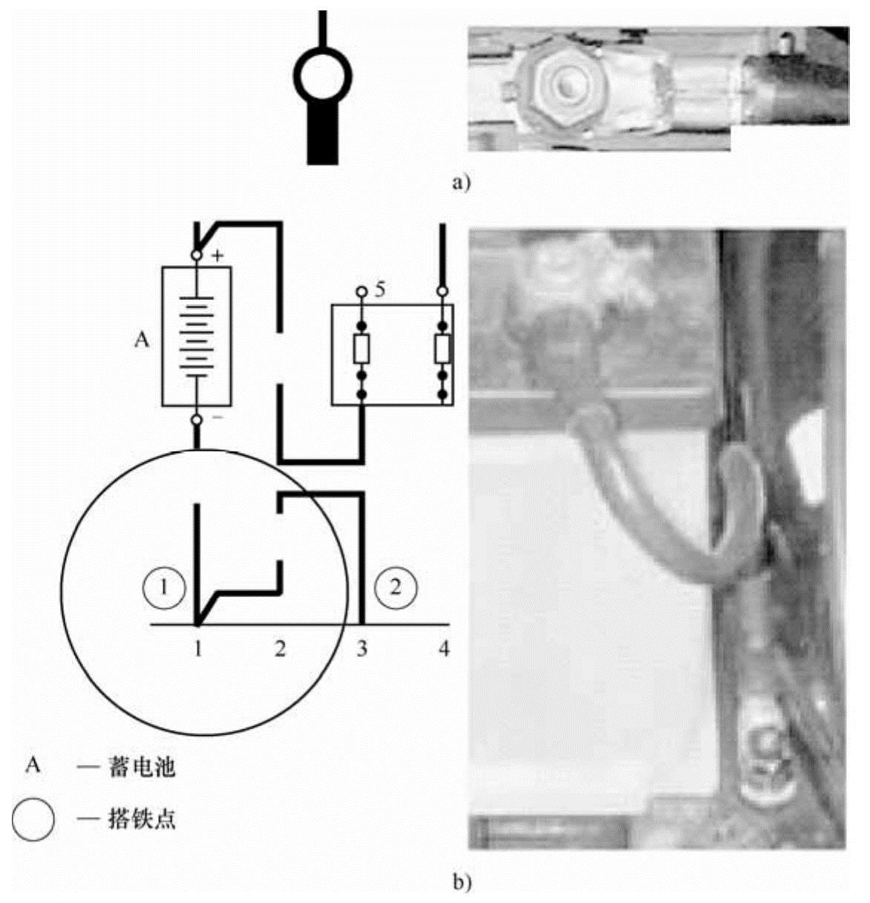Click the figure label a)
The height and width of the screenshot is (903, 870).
(461, 183)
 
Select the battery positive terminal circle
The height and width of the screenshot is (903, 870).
(197, 255)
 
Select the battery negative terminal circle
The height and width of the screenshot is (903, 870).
(197, 420)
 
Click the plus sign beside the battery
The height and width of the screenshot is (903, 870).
(218, 255)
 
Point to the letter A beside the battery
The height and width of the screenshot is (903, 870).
(142, 340)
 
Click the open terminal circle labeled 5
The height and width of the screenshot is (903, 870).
(362, 292)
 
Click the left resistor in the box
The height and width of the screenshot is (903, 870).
(362, 348)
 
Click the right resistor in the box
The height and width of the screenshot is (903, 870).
(442, 348)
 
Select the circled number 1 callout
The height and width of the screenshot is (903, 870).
(164, 587)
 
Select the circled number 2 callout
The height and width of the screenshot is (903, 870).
(396, 587)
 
